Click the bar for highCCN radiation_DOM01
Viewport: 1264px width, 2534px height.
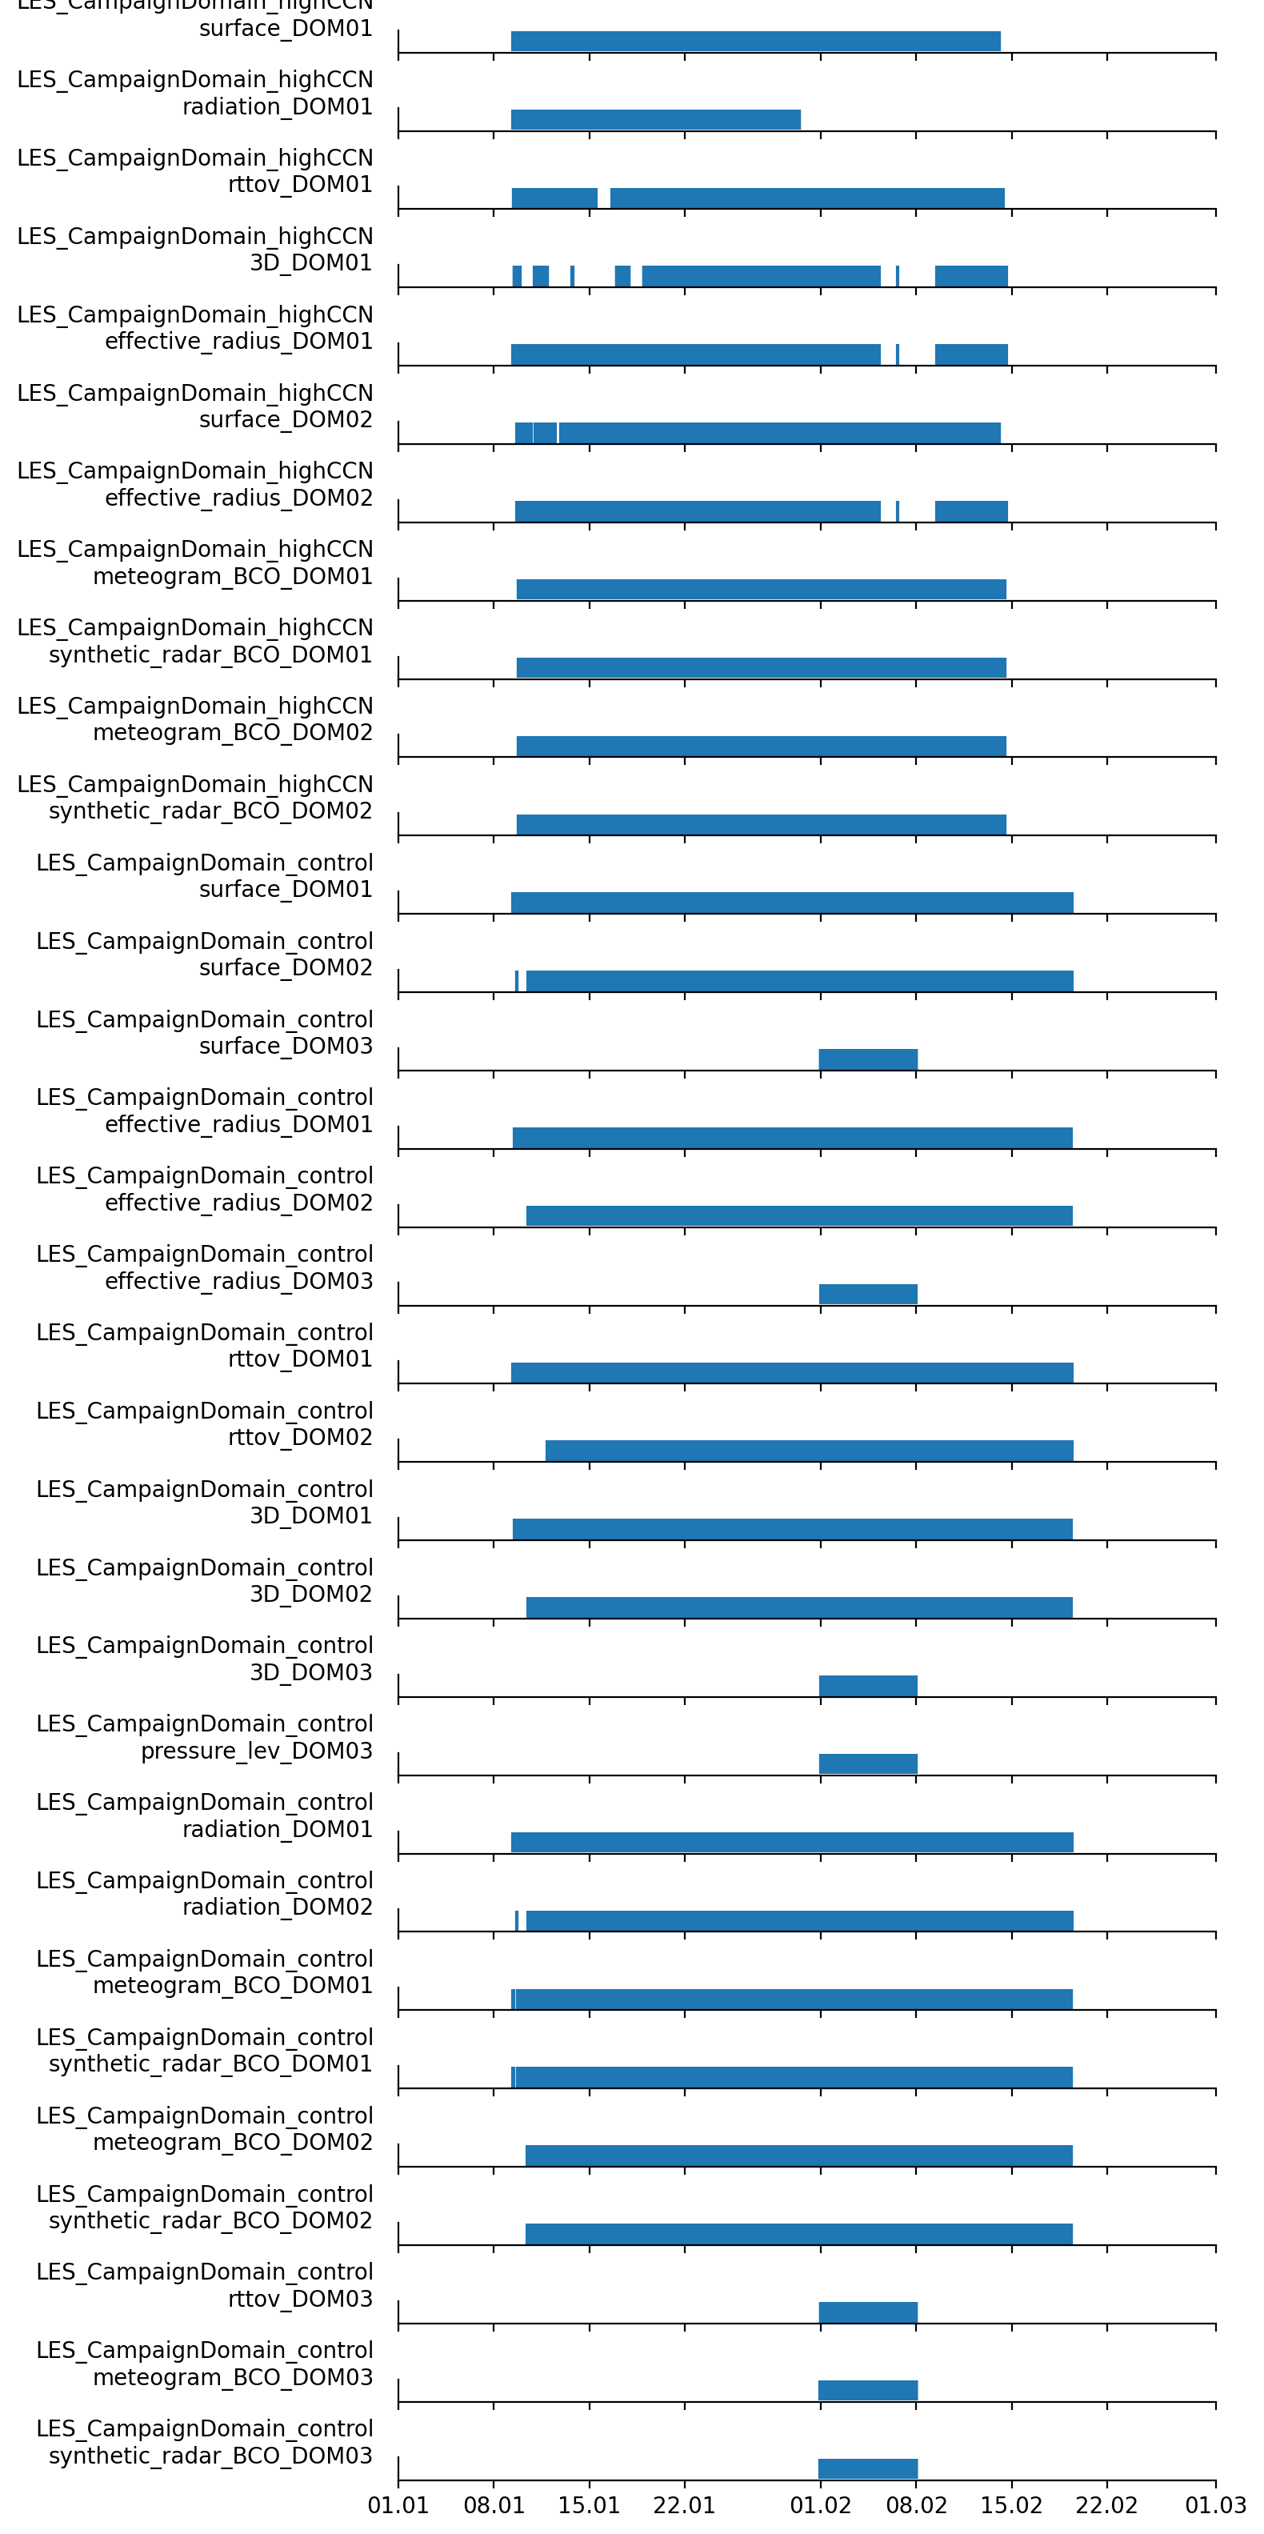(x=655, y=119)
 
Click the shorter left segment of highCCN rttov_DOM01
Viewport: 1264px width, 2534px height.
(x=554, y=198)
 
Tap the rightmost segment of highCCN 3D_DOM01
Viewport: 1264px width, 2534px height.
(x=971, y=276)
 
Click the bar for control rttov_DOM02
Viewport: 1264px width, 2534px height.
(x=809, y=1451)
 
